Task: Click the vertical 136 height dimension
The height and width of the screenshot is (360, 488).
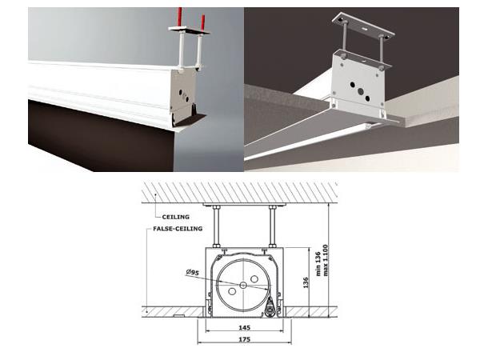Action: tap(306, 282)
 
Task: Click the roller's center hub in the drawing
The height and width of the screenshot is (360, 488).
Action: tap(242, 284)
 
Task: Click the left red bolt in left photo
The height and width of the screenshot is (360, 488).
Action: tap(181, 19)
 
